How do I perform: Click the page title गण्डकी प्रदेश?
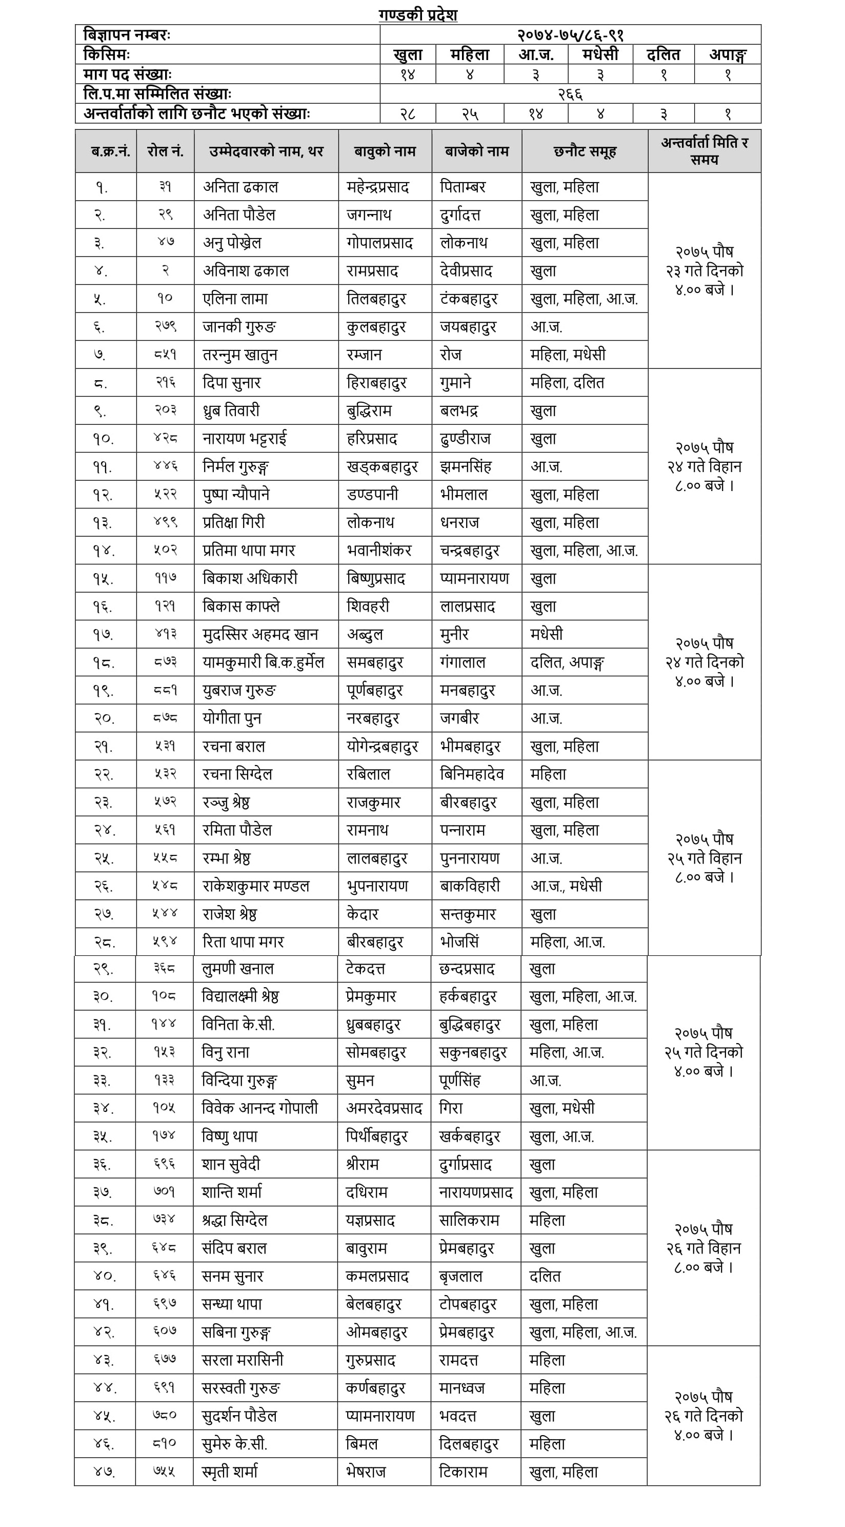pos(418,15)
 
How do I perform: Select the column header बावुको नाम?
pos(385,152)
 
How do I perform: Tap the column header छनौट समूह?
pos(585,152)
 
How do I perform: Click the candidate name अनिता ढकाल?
pos(240,187)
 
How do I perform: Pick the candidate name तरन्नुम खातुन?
pos(240,355)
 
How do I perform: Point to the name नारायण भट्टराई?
pos(244,439)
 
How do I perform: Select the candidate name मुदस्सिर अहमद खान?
pos(260,634)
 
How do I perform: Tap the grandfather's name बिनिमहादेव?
pos(472,774)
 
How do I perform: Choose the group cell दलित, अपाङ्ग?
pos(567,662)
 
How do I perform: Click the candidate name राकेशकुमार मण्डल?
pos(256,886)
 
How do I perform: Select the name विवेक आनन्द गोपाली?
pos(259,1108)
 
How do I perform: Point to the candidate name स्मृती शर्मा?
pos(230,1472)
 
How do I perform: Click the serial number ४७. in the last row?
pos(104,1473)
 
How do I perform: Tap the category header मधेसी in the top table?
pos(600,54)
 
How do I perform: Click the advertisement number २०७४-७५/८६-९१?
pos(570,35)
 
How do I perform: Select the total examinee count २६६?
pos(570,94)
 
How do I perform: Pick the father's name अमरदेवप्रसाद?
pos(384,1108)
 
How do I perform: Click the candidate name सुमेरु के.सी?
pos(235,1444)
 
